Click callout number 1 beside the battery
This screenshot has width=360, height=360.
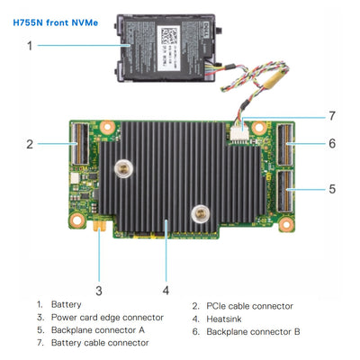click(x=30, y=45)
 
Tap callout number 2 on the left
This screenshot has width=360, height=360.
click(x=30, y=143)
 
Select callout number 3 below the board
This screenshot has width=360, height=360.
click(x=99, y=290)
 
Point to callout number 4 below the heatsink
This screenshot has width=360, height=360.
click(x=166, y=290)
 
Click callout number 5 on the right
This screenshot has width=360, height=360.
click(x=332, y=190)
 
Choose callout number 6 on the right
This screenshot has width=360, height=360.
click(x=332, y=143)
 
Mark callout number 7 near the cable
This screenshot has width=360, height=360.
click(x=332, y=116)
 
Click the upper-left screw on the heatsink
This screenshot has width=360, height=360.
click(x=120, y=167)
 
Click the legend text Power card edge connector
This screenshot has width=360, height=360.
click(x=107, y=318)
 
